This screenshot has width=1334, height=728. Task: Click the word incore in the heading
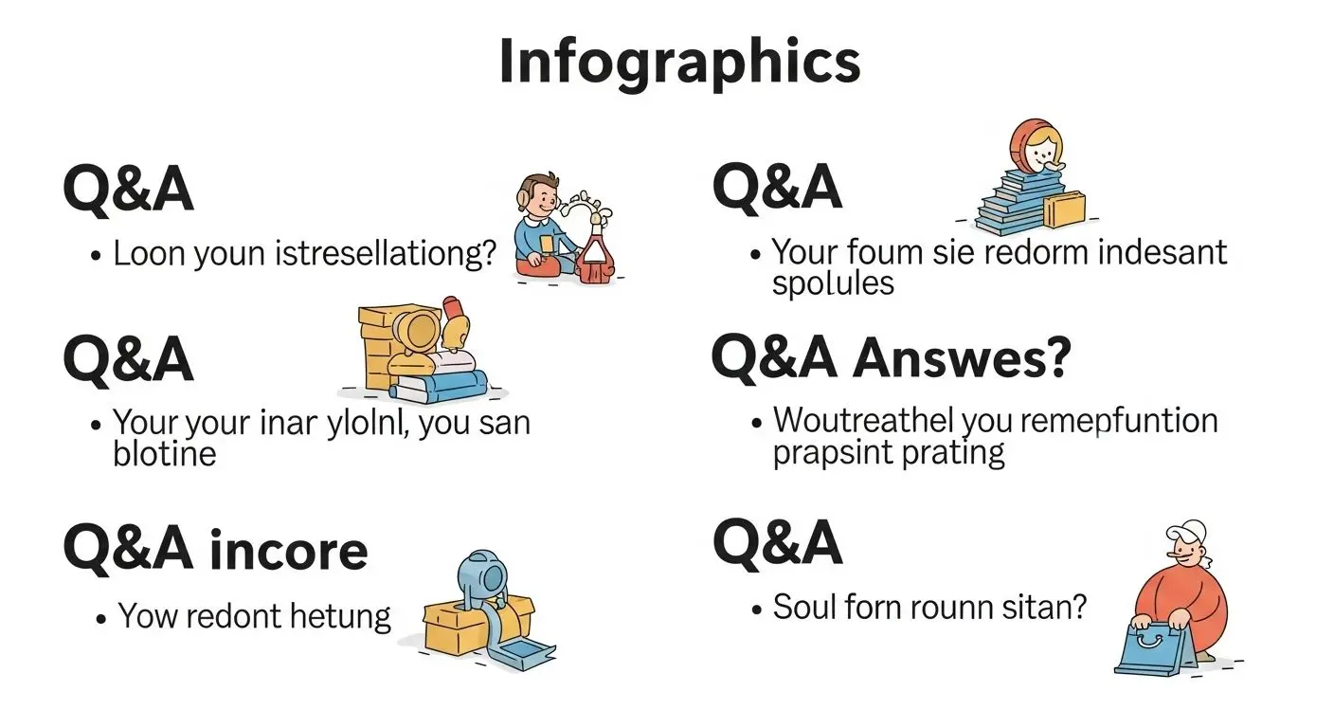tap(288, 550)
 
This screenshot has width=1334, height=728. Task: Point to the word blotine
tap(164, 453)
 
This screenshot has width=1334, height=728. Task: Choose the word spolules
tap(833, 282)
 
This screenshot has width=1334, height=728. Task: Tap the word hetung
tap(340, 617)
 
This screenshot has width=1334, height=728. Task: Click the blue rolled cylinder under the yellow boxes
tap(442, 384)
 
